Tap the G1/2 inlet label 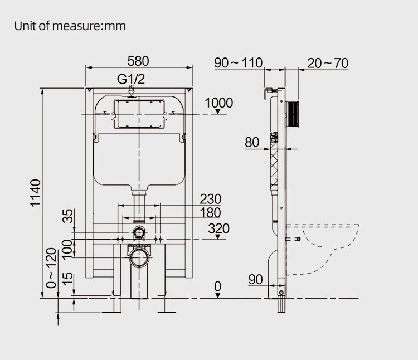131,79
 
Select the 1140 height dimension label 36,193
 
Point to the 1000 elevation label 218,103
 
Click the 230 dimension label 210,199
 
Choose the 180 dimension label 210,213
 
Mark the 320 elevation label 218,228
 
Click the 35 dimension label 67,216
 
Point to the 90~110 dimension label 238,63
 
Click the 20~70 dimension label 328,63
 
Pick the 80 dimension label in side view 252,142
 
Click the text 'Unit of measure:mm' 70,26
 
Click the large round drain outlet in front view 139,257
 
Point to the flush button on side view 293,113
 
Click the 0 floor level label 217,286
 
